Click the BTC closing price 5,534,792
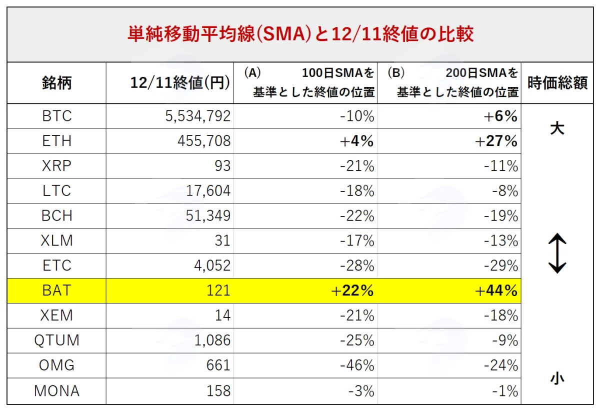197,116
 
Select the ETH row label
57,141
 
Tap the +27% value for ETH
496,141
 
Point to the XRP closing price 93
222,166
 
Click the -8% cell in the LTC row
505,191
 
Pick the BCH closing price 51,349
208,215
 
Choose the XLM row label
57,240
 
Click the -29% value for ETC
501,266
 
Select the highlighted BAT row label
57,290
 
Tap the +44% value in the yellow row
496,290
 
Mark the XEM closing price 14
223,315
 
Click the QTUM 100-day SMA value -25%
357,340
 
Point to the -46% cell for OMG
357,365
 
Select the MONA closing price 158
218,391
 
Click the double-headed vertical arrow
557,253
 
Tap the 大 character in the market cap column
557,128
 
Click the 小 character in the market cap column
557,378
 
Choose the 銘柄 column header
57,83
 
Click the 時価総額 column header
557,83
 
